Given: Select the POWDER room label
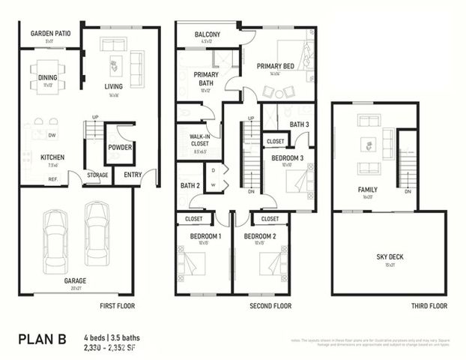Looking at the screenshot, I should (x=120, y=148).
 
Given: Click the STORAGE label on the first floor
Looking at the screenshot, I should (x=97, y=175).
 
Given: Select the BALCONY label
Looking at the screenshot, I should (x=207, y=35).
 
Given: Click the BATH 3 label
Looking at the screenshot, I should (x=300, y=124).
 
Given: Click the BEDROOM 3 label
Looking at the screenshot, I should (x=288, y=157).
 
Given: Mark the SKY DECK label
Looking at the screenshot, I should (x=390, y=257).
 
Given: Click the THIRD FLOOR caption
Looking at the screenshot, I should (x=429, y=306).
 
